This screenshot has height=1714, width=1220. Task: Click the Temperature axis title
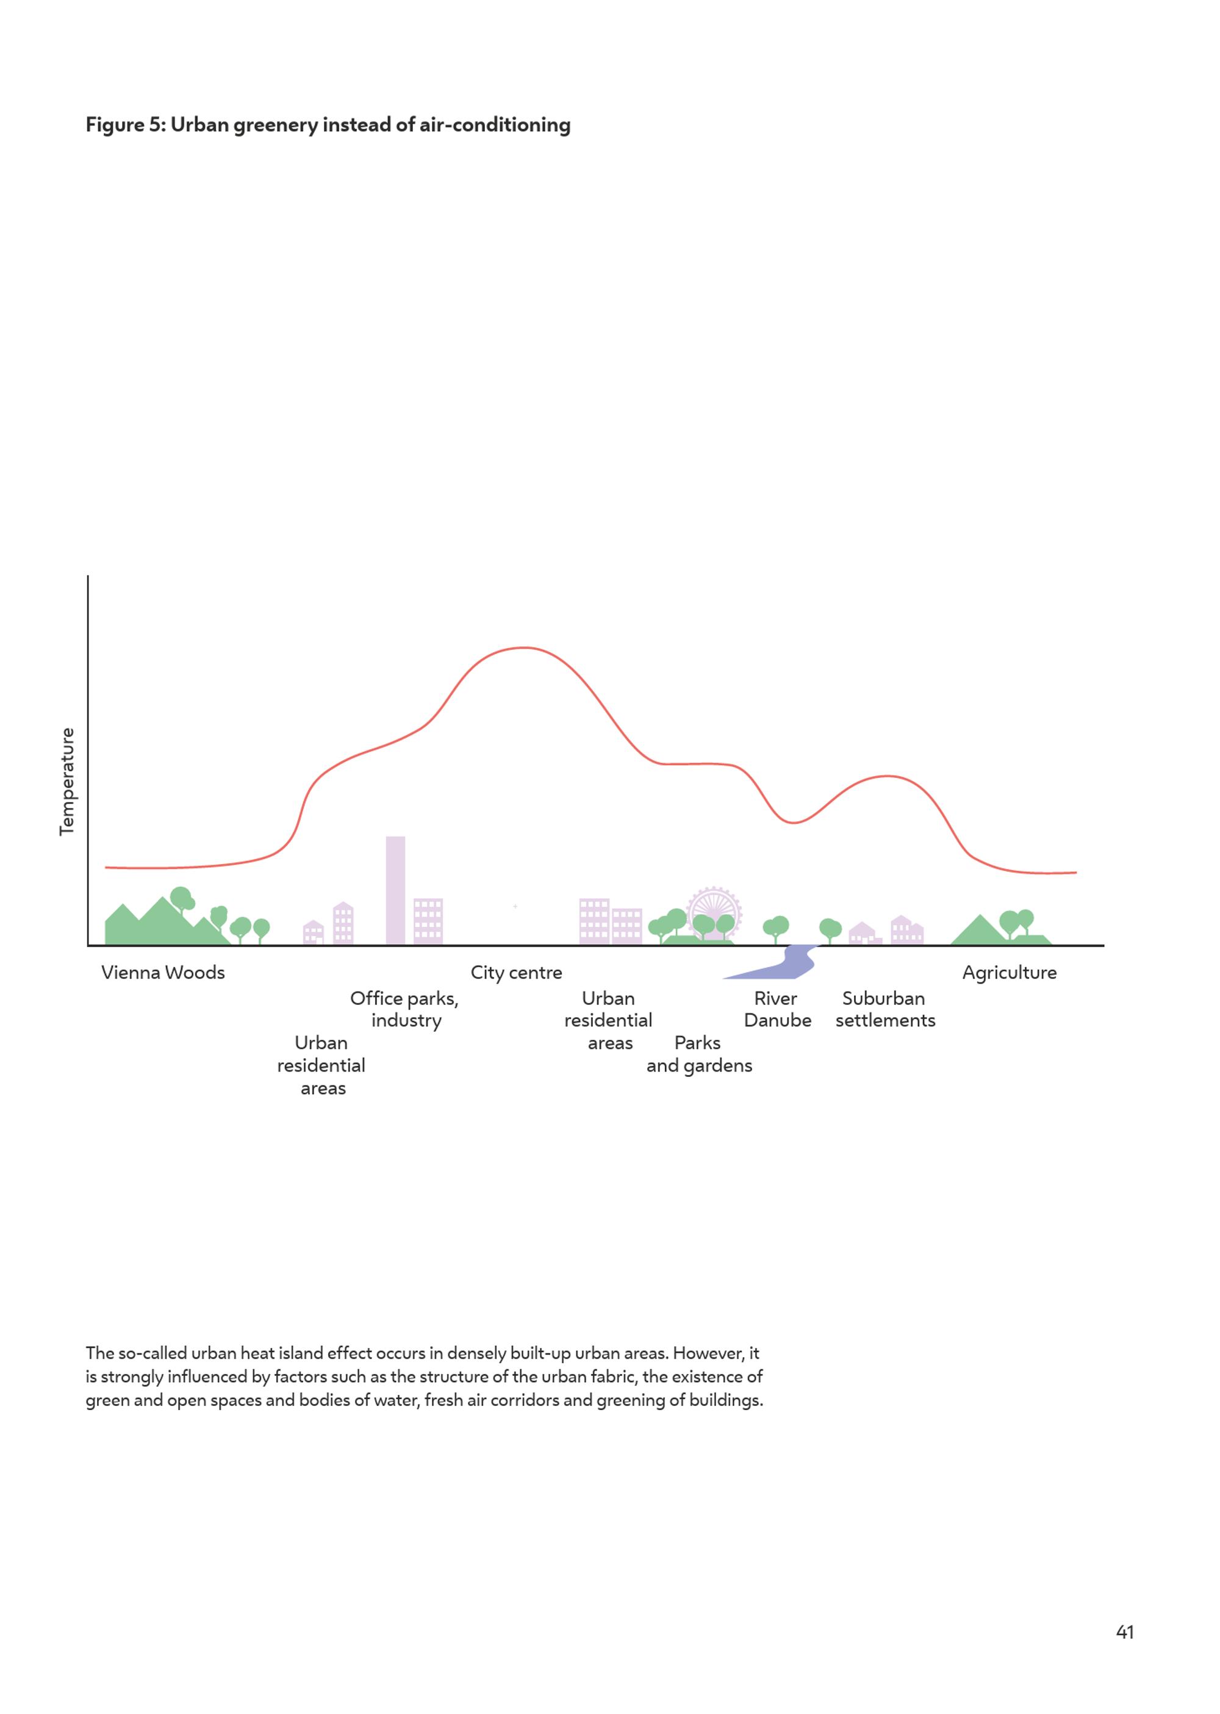coord(67,781)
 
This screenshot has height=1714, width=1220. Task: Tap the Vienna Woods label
coord(163,973)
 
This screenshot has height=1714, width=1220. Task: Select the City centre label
coord(516,973)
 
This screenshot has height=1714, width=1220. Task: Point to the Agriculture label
coord(1009,973)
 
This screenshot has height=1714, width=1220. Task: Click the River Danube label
coord(777,1009)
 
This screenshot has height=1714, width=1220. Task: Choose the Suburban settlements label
coord(885,1009)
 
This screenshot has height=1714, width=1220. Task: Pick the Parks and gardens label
coord(698,1054)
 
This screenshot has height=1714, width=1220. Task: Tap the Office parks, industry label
coord(404,1009)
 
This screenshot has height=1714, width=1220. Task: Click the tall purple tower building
coord(395,890)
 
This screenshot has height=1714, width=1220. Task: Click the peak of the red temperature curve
coord(523,648)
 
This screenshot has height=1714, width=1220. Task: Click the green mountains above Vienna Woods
coord(162,923)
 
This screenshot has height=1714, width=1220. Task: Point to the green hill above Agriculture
coord(980,932)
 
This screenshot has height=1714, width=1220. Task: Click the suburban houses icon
coord(886,931)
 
